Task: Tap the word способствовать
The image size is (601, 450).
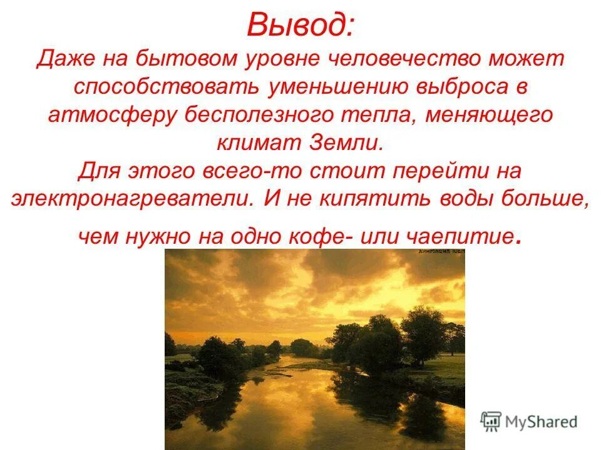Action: tap(166, 87)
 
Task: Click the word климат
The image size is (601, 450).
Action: tap(256, 142)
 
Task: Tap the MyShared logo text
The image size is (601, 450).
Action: tap(542, 422)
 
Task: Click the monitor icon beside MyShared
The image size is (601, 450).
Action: tap(491, 421)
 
